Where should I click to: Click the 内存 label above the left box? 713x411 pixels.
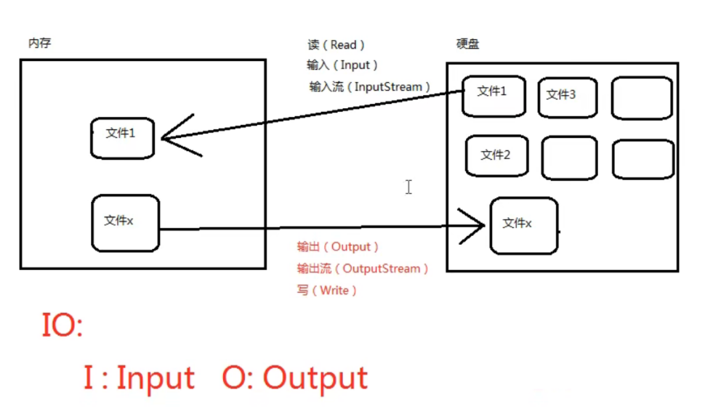pos(39,44)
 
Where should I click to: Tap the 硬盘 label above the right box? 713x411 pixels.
pos(467,44)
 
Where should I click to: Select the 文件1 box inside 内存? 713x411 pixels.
pos(122,137)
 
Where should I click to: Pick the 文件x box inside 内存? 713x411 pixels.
pos(124,222)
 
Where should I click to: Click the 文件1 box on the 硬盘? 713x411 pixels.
pos(493,95)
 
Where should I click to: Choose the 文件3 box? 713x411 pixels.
pos(568,97)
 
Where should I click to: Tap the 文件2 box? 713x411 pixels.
pos(496,155)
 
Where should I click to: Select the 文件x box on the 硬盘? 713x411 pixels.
pos(523,225)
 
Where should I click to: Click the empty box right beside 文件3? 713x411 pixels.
pos(641,97)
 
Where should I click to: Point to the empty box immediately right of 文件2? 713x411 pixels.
pos(569,158)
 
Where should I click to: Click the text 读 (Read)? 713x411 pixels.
pos(337,45)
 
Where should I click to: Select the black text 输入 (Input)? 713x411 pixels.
pos(342,65)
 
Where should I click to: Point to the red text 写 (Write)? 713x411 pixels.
pos(327,290)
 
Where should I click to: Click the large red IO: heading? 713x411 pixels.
pos(61,327)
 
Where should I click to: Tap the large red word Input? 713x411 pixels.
pos(156,378)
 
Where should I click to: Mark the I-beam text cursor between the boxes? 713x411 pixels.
pos(408,187)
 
